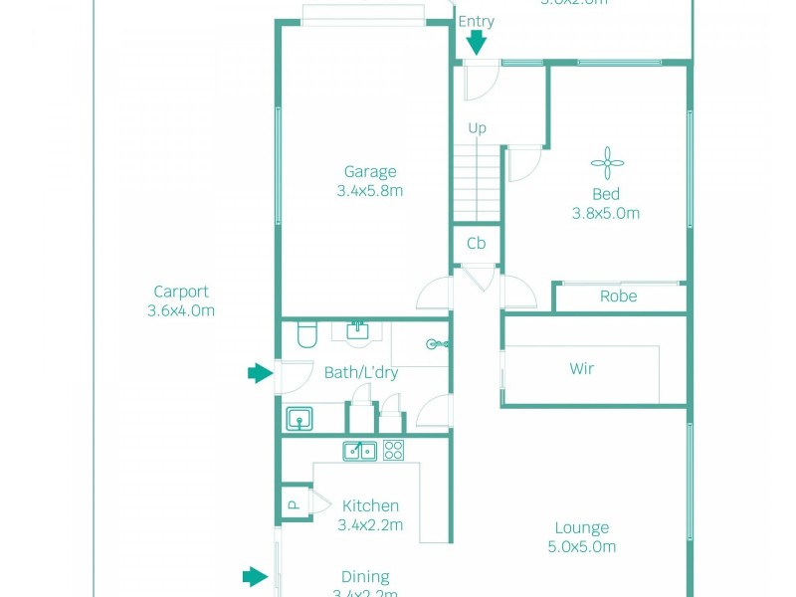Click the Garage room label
click(370, 171)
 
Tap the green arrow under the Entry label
click(477, 42)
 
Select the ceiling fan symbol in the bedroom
click(606, 163)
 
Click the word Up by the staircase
click(478, 128)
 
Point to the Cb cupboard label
click(477, 244)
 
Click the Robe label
click(618, 297)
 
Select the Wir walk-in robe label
click(582, 368)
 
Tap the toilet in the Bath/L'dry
click(306, 337)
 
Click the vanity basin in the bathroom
click(358, 330)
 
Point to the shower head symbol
click(435, 345)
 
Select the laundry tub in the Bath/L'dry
click(299, 419)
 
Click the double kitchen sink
click(359, 451)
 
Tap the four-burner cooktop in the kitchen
click(394, 451)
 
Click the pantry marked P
click(294, 503)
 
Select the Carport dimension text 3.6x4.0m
click(181, 310)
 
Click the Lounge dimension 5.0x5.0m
click(582, 546)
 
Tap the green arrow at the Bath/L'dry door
click(260, 373)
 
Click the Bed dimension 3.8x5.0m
click(606, 213)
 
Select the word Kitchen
click(370, 505)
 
